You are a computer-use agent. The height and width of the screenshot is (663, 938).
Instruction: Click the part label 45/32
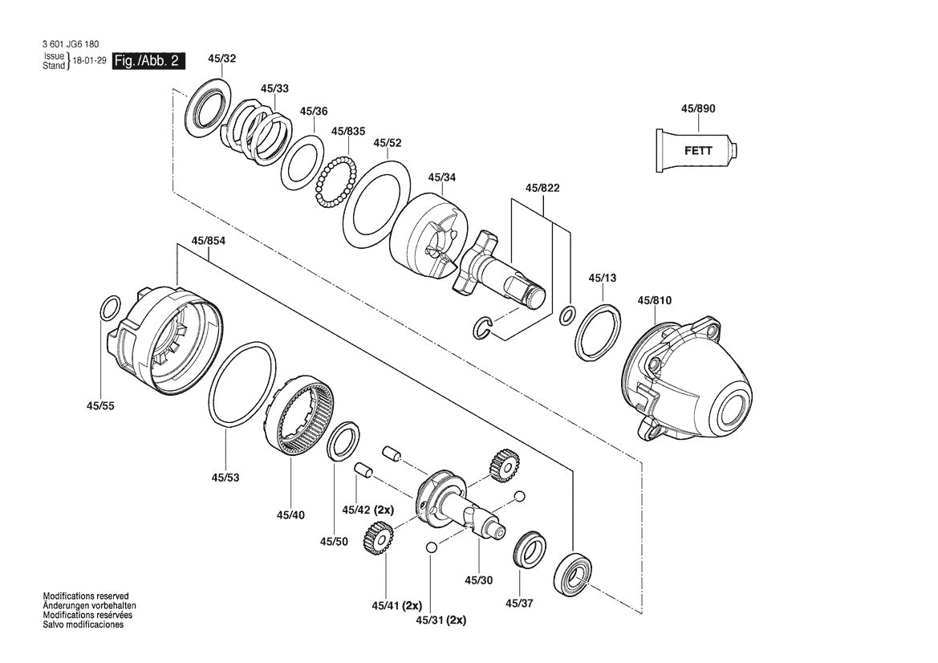tap(221, 59)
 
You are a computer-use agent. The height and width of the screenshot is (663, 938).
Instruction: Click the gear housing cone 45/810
tap(690, 381)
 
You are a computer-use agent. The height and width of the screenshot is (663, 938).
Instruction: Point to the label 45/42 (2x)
tap(367, 510)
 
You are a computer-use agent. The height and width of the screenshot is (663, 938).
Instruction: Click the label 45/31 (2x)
tap(441, 620)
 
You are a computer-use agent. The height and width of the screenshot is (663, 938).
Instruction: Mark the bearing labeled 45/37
tap(530, 550)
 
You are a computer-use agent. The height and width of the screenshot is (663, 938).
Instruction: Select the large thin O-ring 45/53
tap(239, 384)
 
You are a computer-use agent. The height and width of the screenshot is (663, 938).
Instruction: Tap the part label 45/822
tap(542, 188)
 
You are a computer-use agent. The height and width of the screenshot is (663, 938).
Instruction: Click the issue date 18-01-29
tap(90, 62)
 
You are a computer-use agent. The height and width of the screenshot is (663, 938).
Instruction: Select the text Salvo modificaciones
tap(83, 624)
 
